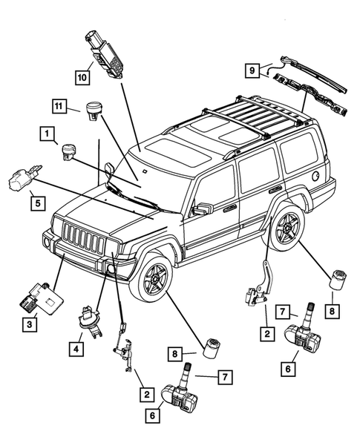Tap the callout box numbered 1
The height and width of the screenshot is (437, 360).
(47, 135)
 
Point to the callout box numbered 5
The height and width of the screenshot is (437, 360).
(36, 200)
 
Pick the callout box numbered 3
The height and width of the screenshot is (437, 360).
(29, 323)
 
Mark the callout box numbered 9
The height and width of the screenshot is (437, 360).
(252, 70)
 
